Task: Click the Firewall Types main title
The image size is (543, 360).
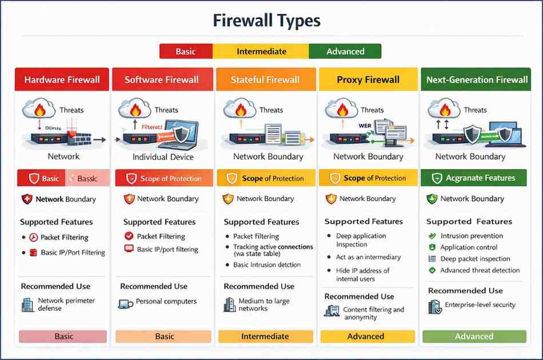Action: coord(266,21)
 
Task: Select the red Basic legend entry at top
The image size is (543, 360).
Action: coord(185,51)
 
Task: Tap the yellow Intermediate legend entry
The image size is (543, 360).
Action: coord(261,51)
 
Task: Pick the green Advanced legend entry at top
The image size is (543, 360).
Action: coord(345,51)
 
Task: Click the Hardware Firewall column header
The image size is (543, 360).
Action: coord(62,80)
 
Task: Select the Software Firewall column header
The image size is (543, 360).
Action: coord(162,80)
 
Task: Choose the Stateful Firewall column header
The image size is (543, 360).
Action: coord(265,80)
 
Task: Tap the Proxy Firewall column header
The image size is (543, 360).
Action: coord(368,80)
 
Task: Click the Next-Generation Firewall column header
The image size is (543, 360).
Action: coord(477,80)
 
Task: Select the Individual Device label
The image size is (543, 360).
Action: coord(163,157)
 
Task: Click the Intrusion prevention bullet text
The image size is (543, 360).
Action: coord(472,236)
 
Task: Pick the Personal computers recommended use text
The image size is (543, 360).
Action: coord(166,301)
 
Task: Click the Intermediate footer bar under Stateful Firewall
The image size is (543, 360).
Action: coord(265,337)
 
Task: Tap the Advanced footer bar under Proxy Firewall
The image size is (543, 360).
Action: coord(366,337)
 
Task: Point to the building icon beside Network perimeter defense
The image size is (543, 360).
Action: coord(27,305)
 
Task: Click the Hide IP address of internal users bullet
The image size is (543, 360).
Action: coord(362,275)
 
